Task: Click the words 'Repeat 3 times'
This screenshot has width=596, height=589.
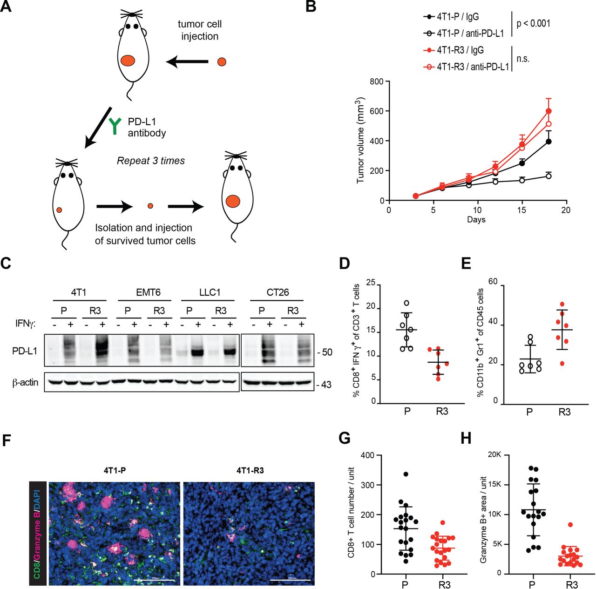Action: tap(150, 161)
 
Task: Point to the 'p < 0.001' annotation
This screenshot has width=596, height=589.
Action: tap(533, 23)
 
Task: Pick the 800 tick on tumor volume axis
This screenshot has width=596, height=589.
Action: tap(377, 82)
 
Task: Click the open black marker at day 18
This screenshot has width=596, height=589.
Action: tap(549, 176)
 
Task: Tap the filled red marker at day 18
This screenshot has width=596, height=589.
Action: tap(549, 111)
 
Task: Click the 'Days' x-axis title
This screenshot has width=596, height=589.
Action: tap(476, 220)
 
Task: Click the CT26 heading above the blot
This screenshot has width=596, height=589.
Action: tap(278, 292)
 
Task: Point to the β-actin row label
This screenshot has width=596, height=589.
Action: tap(25, 383)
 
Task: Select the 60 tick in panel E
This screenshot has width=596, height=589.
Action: tap(493, 282)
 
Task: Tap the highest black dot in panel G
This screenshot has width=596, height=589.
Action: tap(406, 474)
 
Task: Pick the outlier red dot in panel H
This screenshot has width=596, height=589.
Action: tap(570, 525)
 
